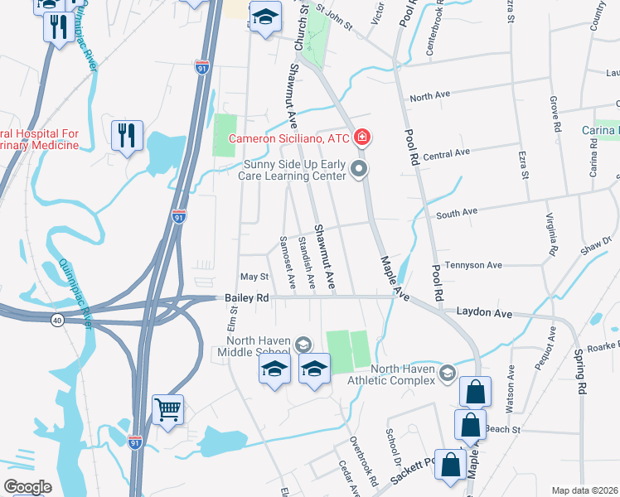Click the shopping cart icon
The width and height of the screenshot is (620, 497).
click(167, 409)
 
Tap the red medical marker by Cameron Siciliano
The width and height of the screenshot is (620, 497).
click(362, 138)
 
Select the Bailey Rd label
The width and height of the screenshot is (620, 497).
click(247, 297)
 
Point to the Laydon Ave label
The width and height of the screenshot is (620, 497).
click(484, 314)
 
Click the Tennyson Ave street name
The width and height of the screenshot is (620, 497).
click(474, 265)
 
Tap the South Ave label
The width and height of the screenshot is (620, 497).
click(457, 214)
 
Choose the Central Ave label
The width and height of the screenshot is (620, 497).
click(446, 153)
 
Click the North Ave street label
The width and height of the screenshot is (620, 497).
click(429, 96)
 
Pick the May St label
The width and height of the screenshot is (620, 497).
click(254, 277)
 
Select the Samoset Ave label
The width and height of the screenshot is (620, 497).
click(287, 262)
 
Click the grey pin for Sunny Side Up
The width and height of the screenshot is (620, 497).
click(359, 170)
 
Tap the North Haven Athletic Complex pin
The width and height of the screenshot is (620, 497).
click(448, 373)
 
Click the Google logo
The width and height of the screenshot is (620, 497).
click(27, 486)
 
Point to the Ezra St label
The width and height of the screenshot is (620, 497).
click(525, 162)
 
